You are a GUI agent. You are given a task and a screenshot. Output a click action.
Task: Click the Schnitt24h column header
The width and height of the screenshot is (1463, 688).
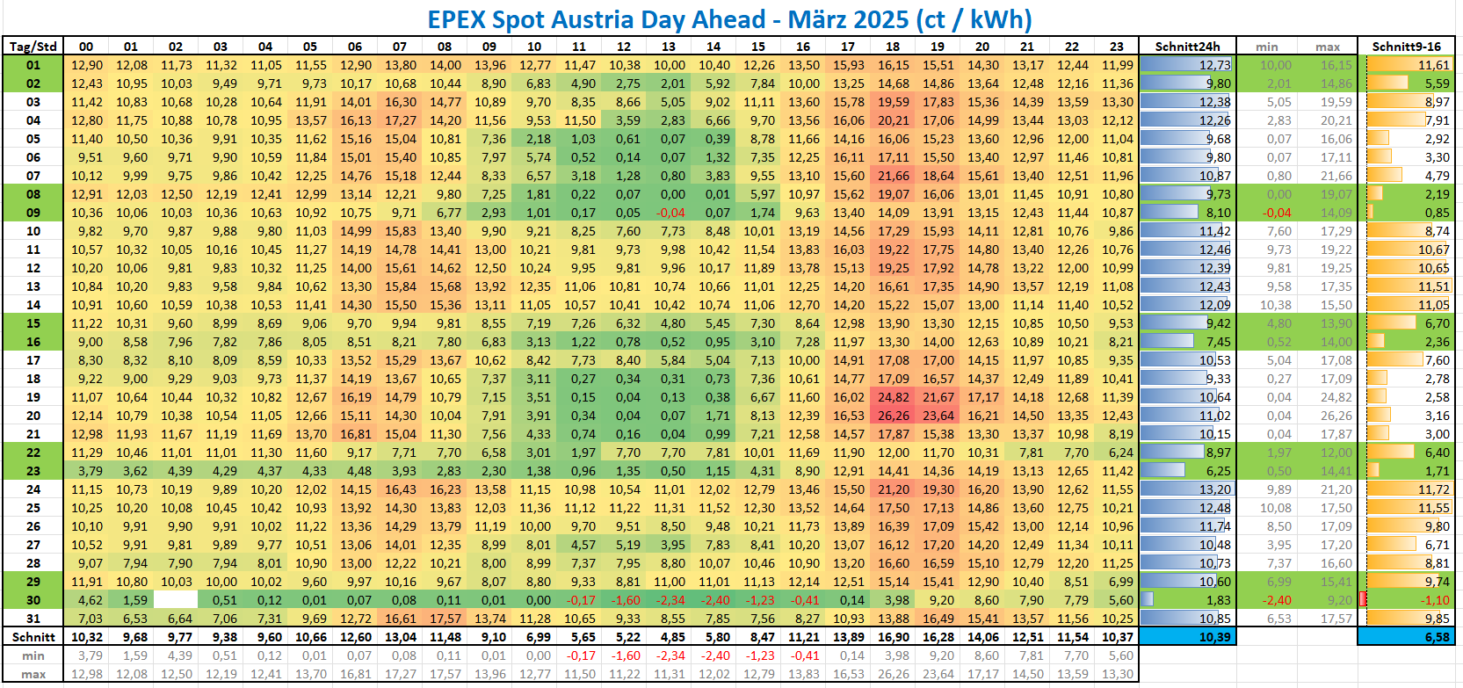(x=1187, y=47)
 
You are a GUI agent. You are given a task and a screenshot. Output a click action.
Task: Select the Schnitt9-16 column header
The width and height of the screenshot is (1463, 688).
(x=1406, y=47)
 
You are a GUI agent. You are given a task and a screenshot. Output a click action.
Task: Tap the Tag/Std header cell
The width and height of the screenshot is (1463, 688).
(x=33, y=47)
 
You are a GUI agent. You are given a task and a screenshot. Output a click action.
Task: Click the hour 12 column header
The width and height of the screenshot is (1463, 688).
(x=624, y=47)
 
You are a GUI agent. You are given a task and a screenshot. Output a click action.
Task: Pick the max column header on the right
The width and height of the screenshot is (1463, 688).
(x=1328, y=47)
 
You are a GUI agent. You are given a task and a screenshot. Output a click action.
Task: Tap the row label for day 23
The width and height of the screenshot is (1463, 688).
(x=33, y=471)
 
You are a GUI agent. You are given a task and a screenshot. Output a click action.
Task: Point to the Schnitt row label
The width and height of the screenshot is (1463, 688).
(x=33, y=637)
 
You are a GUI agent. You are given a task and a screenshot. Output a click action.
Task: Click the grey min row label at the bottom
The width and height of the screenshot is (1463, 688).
(x=33, y=655)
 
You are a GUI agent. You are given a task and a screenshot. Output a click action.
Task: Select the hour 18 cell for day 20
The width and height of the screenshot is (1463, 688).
(x=893, y=416)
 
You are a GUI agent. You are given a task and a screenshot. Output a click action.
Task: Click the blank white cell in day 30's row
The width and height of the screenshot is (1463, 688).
(x=176, y=600)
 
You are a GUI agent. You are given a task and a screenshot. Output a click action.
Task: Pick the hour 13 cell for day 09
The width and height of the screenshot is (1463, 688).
(x=670, y=213)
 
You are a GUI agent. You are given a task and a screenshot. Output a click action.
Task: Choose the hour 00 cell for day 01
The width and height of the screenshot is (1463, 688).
(x=86, y=65)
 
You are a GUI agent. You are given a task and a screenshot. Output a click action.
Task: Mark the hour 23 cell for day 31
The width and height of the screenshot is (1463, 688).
(x=1116, y=619)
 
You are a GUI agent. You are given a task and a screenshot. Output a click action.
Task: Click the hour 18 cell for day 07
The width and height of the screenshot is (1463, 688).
(x=893, y=176)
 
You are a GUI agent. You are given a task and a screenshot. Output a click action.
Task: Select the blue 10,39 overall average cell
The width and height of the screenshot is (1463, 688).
(x=1187, y=637)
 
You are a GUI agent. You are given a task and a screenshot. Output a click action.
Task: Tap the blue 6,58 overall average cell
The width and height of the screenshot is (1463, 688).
(x=1406, y=637)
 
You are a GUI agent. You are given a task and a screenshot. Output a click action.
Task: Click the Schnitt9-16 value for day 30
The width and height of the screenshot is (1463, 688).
(x=1406, y=600)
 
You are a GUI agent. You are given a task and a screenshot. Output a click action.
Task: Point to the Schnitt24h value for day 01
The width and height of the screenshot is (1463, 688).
(x=1187, y=65)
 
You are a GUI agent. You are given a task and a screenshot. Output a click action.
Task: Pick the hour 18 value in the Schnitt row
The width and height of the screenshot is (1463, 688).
(x=893, y=637)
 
